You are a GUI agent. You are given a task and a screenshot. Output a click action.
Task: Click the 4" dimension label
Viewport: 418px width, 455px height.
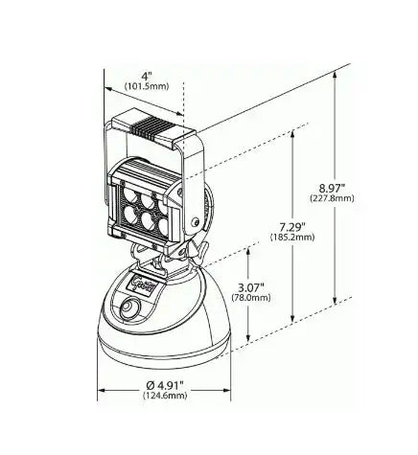click(147, 76)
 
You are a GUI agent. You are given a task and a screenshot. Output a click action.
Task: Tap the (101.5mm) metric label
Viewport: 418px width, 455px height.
click(147, 86)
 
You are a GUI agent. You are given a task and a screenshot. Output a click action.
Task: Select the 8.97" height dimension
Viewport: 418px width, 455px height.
click(333, 187)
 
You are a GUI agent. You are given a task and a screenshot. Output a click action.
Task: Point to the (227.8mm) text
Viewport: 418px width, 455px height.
click(333, 198)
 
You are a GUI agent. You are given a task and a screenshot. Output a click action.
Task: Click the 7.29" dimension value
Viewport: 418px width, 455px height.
click(292, 227)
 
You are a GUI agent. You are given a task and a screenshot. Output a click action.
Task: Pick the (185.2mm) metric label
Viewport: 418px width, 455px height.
click(292, 238)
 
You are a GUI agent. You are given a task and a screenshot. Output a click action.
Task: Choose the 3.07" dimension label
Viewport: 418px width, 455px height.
click(251, 287)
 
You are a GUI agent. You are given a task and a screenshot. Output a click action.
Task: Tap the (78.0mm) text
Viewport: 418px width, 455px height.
click(251, 298)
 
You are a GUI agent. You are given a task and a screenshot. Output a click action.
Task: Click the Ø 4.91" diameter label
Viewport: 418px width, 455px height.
click(165, 385)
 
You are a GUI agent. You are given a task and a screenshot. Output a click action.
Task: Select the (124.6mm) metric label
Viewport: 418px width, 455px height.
click(165, 396)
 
